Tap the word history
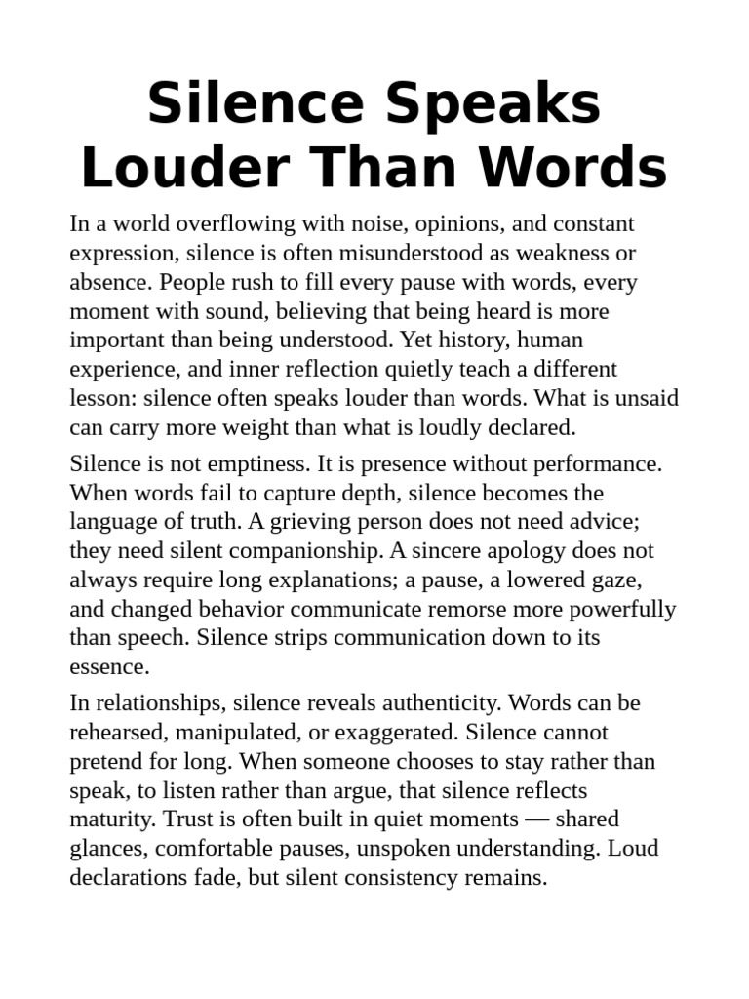[x=474, y=340]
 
